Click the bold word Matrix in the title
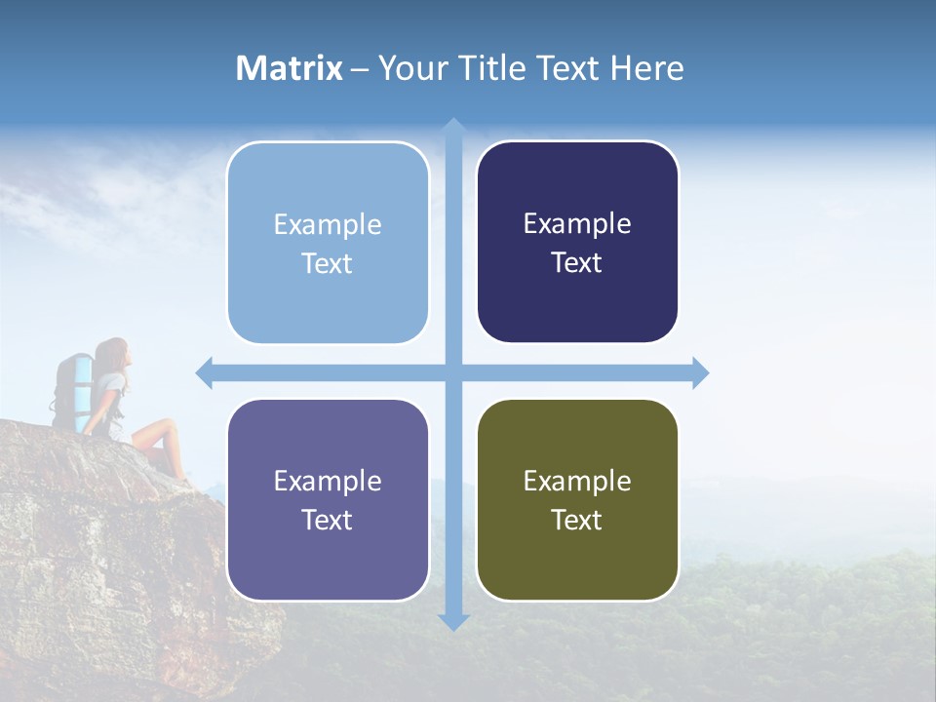click(x=290, y=68)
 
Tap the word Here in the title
click(x=646, y=68)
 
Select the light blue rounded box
click(x=328, y=243)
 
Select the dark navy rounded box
click(x=577, y=242)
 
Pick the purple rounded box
click(x=328, y=499)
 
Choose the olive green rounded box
click(x=577, y=499)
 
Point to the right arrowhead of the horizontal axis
click(x=700, y=372)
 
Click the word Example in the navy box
click(x=577, y=223)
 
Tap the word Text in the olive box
click(x=577, y=520)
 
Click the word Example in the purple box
click(x=328, y=481)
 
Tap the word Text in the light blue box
click(x=328, y=263)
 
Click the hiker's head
click(x=113, y=353)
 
